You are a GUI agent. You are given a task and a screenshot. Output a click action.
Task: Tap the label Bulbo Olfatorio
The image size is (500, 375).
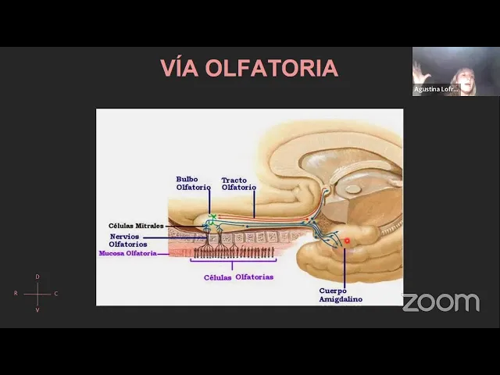(x=193, y=184)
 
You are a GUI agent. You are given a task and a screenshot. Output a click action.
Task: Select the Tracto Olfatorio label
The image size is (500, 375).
(x=238, y=184)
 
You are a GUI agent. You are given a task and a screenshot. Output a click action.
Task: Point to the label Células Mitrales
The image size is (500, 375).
(x=136, y=226)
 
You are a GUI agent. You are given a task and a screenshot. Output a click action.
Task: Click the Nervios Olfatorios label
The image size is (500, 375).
(x=128, y=240)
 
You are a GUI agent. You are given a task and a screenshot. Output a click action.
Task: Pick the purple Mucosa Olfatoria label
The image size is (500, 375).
(x=127, y=253)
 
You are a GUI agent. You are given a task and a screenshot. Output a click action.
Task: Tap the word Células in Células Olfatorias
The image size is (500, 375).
(x=218, y=277)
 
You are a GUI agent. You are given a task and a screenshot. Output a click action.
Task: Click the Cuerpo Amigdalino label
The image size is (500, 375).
(x=340, y=295)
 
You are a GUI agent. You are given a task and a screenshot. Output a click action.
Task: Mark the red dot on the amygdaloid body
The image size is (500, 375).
(x=347, y=241)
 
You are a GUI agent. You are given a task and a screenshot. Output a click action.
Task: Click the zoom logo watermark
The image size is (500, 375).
(x=441, y=302)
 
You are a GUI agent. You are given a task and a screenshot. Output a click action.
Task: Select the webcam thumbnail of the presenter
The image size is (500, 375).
(x=455, y=71)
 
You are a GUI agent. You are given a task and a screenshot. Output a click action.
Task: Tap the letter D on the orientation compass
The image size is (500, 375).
(x=37, y=277)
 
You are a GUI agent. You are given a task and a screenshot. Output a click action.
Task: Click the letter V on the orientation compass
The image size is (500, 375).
(x=37, y=310)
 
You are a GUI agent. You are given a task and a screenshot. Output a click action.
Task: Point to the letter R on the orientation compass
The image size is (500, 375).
(x=16, y=294)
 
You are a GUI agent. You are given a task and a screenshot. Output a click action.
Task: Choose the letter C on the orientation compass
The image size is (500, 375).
(x=56, y=294)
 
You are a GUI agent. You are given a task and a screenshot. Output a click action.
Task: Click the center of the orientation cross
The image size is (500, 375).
(x=37, y=294)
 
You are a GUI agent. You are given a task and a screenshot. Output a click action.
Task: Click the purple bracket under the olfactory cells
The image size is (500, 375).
(x=232, y=262)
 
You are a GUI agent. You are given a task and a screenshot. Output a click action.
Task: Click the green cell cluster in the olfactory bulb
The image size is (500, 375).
(x=212, y=218)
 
